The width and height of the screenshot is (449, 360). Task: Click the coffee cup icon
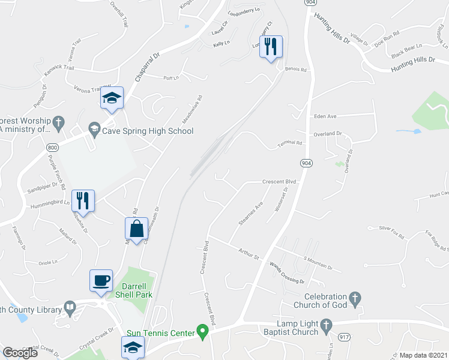100,280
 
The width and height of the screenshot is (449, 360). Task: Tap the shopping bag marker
136,228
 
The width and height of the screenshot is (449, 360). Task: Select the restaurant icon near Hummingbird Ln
82,200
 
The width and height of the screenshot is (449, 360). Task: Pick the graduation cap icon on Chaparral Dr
112,98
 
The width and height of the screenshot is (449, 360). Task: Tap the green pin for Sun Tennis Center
203,331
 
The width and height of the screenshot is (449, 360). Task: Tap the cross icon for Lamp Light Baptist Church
326,326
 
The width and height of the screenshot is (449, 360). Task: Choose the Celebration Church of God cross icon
355,298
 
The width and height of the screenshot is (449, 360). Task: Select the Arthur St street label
248,254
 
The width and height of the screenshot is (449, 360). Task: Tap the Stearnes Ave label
251,214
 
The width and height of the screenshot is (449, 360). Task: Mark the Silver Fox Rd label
392,229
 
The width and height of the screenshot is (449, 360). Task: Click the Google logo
20,353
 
